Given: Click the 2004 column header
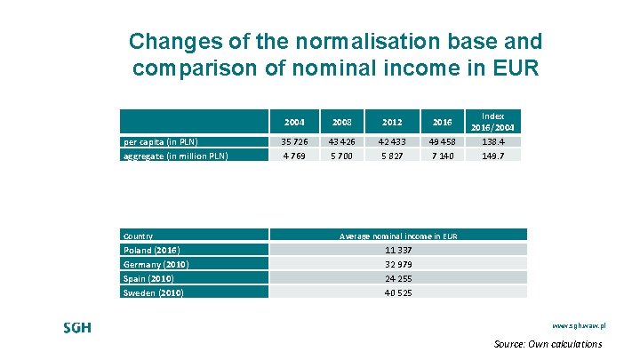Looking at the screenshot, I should click(x=294, y=122).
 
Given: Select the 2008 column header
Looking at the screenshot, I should click(x=342, y=122).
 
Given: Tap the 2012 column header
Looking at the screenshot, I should click(x=392, y=122).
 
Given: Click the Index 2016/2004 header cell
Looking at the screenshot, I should click(x=492, y=121).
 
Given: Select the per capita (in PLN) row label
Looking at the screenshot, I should click(x=160, y=141).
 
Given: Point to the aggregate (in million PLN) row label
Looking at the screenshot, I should click(x=175, y=156).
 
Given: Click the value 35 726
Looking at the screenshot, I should click(x=294, y=141).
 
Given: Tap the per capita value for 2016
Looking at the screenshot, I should click(x=443, y=141).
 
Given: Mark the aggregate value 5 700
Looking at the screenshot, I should click(x=342, y=156).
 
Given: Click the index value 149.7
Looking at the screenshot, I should click(x=492, y=156).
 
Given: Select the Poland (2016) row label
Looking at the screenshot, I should click(x=151, y=251).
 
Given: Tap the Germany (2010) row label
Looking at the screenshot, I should click(x=156, y=265).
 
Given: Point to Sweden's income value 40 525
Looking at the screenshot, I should click(x=398, y=292).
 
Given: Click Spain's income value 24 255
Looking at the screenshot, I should click(x=398, y=278).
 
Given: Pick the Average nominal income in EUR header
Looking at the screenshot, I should click(x=398, y=236).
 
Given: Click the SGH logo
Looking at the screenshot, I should click(x=76, y=327).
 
